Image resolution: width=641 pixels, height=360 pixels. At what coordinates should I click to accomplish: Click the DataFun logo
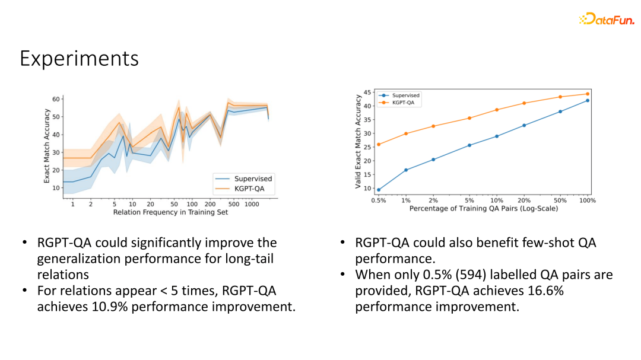point(606,19)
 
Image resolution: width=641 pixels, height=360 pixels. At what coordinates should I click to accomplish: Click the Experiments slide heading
point(79,59)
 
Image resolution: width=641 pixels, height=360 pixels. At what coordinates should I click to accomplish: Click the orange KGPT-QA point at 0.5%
point(379,144)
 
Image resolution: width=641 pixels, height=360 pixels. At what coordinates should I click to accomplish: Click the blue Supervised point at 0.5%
point(379,190)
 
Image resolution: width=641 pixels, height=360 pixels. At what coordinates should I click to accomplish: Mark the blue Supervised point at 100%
point(588,100)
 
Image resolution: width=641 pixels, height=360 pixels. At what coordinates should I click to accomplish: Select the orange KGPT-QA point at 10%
point(497,110)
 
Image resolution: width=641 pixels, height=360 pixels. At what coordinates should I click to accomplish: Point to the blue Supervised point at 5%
point(469,145)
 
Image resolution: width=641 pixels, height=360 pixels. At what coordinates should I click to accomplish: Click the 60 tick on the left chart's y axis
point(56,99)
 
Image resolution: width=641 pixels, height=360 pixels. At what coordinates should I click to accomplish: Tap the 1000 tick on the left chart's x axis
point(252,204)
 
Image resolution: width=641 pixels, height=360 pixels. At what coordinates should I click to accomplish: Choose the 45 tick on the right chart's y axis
point(368,93)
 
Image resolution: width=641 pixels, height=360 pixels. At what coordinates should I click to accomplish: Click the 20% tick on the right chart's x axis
point(524,200)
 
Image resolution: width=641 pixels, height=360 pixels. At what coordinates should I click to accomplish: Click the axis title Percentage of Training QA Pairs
point(483,209)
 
